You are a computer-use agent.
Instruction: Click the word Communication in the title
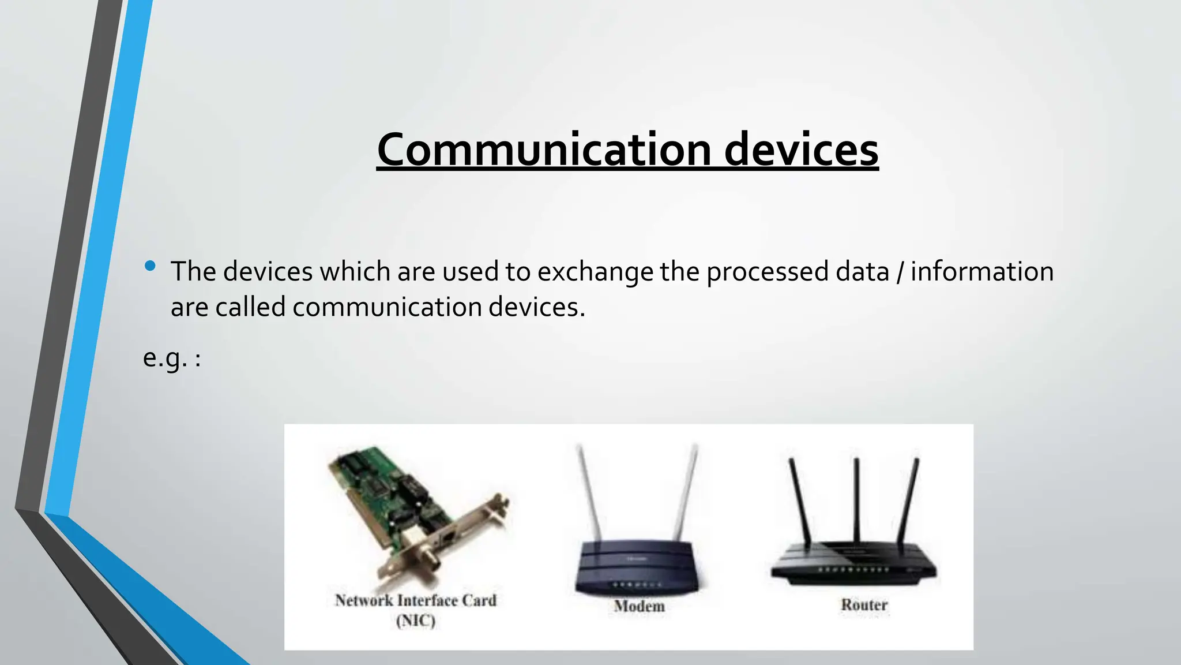point(543,150)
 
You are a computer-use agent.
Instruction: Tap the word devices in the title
point(801,150)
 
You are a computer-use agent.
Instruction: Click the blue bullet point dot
point(151,266)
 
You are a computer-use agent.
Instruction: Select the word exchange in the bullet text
point(596,271)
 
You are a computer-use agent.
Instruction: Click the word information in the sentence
point(982,271)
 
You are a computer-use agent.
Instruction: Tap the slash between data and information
point(900,271)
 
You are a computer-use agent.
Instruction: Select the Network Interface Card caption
point(415,600)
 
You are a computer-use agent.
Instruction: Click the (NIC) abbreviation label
point(415,621)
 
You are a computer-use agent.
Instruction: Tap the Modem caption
point(639,606)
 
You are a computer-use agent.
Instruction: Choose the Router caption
point(864,605)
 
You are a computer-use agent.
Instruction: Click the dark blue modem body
point(638,569)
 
